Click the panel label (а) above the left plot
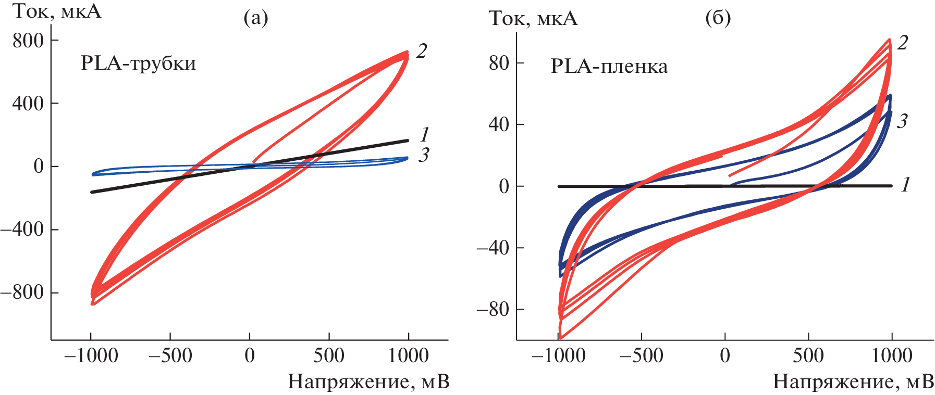[x=256, y=18]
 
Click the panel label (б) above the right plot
[x=718, y=18]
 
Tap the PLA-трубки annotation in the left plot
[x=138, y=63]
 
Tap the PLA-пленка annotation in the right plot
[x=609, y=67]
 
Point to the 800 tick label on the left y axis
[x=28, y=41]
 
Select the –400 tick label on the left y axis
[x=22, y=230]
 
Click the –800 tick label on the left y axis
[x=22, y=292]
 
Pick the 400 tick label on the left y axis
[x=28, y=104]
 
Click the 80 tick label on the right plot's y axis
[x=499, y=63]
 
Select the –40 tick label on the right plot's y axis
[x=493, y=248]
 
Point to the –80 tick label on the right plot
[x=493, y=310]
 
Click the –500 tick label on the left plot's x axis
[x=170, y=356]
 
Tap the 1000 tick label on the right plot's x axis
[x=892, y=356]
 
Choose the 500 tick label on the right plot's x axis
[x=808, y=356]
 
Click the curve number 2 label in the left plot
[x=422, y=51]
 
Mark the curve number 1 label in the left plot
[x=424, y=135]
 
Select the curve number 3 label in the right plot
[x=902, y=121]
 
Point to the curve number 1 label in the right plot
[x=906, y=184]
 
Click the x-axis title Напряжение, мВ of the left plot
[x=368, y=382]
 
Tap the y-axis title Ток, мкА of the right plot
[x=533, y=19]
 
